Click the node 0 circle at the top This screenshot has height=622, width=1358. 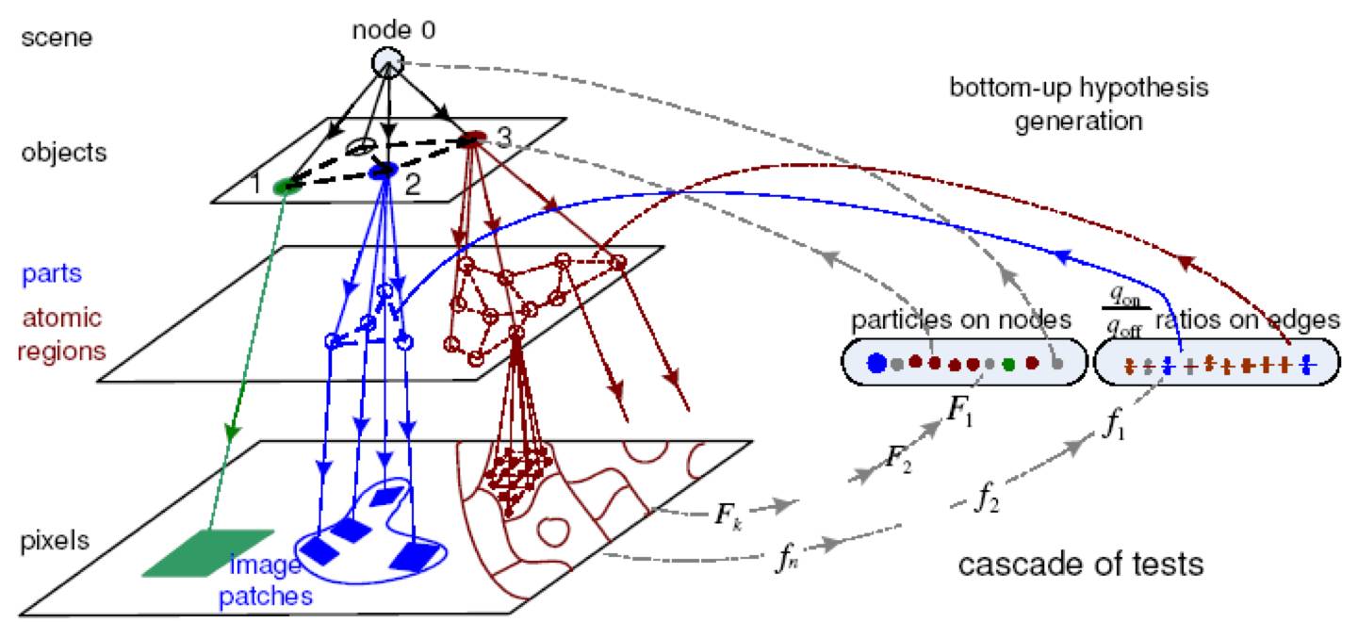(x=387, y=64)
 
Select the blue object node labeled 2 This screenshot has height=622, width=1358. (x=384, y=171)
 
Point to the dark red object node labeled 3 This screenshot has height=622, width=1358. (x=473, y=140)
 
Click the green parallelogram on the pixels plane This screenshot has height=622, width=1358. (x=208, y=552)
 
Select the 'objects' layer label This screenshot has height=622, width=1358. (x=63, y=152)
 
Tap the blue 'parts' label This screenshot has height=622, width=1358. (x=54, y=274)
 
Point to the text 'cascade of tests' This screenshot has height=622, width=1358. (x=1081, y=565)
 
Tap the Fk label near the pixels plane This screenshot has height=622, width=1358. (x=728, y=514)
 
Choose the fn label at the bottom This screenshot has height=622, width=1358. (x=779, y=558)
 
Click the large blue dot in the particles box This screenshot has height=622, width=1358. (x=876, y=362)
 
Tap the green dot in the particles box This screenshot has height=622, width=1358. (x=1009, y=362)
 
